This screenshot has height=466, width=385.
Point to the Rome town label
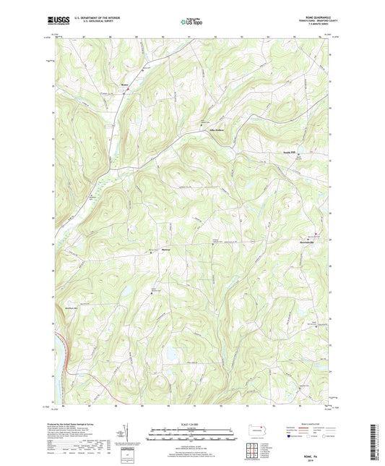coord(124,91)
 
